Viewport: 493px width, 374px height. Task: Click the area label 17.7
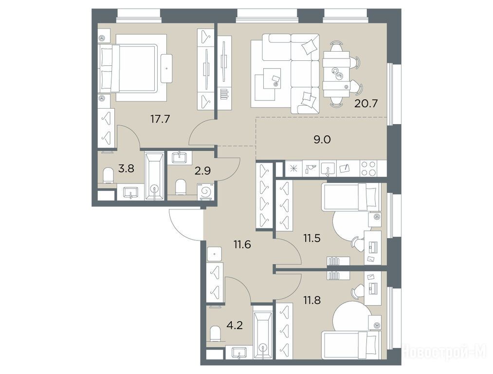tap(160, 119)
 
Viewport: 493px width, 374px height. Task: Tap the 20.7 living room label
tap(365, 103)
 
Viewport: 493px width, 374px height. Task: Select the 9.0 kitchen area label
tap(322, 140)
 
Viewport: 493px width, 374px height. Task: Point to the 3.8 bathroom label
tap(126, 168)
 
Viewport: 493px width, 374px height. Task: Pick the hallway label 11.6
tap(242, 244)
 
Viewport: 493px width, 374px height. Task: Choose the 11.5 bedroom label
tap(311, 238)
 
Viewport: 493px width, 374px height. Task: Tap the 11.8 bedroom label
tap(312, 300)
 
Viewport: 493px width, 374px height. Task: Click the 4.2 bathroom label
tap(235, 325)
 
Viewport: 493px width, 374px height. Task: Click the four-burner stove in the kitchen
tap(369, 168)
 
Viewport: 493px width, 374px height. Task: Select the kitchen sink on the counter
tap(328, 169)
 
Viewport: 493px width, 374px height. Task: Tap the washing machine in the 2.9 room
tap(205, 191)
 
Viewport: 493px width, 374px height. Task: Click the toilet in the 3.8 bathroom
tap(109, 175)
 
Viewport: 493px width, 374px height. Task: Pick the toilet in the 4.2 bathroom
tap(215, 334)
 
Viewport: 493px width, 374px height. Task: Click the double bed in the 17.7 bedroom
tap(128, 68)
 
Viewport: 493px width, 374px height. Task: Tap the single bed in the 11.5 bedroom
tap(351, 197)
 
